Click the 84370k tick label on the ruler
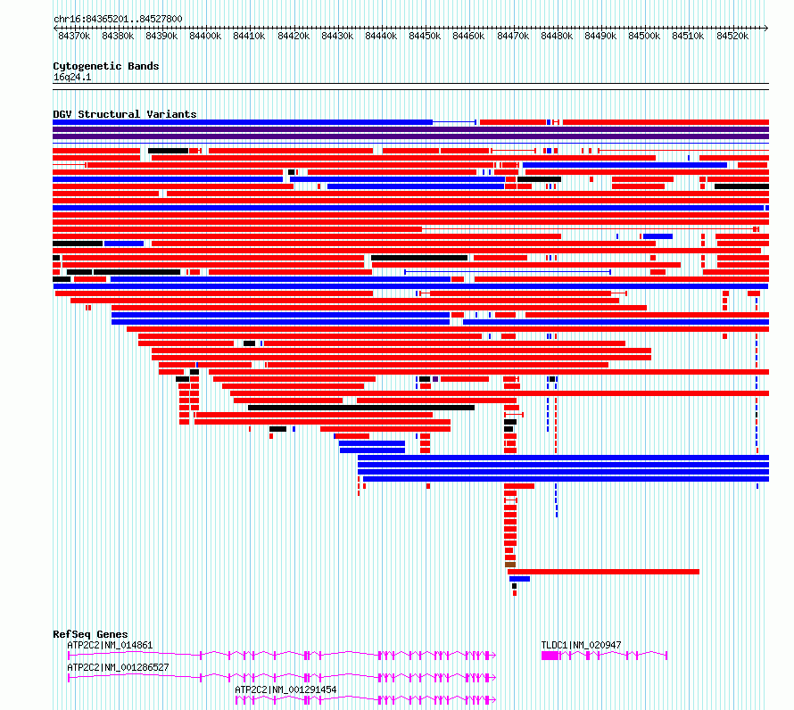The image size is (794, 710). [74, 37]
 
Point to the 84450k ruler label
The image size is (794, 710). [425, 37]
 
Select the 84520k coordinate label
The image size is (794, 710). [732, 37]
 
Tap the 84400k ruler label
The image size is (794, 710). [205, 37]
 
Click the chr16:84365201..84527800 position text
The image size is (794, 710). [118, 20]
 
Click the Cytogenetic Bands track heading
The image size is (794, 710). [106, 66]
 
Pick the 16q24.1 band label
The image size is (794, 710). [72, 78]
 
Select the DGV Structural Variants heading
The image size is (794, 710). [125, 114]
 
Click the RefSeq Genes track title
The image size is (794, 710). [90, 634]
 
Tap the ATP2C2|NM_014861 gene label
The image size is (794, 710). [110, 645]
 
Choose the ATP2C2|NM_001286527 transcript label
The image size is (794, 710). [118, 667]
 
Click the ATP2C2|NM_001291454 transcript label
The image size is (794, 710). [285, 689]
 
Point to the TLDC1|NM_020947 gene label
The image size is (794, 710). [582, 645]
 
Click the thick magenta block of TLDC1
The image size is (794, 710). [550, 656]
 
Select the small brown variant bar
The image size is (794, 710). [510, 565]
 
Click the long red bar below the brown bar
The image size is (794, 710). [604, 572]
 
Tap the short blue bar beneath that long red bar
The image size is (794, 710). [519, 579]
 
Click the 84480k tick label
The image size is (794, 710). [557, 37]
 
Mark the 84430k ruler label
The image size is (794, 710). [337, 37]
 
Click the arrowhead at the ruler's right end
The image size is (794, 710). [766, 29]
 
